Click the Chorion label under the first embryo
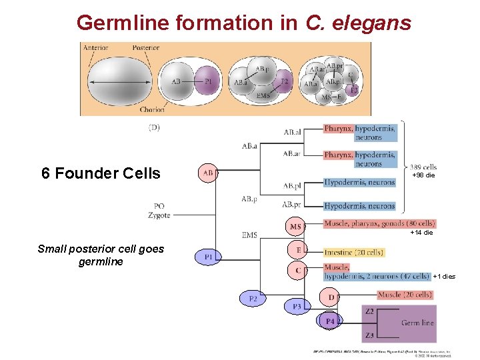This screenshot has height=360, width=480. click(152, 110)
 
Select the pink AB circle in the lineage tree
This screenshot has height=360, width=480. click(208, 173)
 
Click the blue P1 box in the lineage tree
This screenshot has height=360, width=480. click(209, 256)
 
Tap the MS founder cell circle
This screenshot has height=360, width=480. click(296, 227)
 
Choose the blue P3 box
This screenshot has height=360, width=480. click(297, 306)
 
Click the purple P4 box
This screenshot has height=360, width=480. click(330, 321)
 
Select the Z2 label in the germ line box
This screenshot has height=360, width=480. click(369, 311)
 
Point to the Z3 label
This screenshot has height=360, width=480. click(369, 335)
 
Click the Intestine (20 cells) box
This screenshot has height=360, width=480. click(354, 253)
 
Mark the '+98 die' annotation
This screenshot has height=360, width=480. click(423, 175)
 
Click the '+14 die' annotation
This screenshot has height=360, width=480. click(421, 233)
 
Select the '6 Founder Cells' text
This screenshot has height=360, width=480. click(101, 173)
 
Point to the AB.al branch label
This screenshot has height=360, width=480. click(292, 132)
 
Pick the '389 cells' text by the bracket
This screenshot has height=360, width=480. click(424, 167)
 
